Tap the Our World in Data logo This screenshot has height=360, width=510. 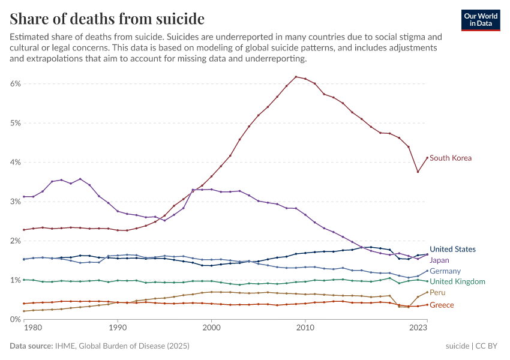click(x=481, y=20)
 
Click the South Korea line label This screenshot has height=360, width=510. click(x=451, y=158)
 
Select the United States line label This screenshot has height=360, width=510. click(x=452, y=249)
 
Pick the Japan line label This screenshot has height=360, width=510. click(x=439, y=260)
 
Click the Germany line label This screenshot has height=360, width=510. click(x=445, y=271)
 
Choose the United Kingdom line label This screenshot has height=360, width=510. click(x=457, y=282)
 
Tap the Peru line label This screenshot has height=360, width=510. click(x=437, y=293)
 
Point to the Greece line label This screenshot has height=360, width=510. click(x=442, y=305)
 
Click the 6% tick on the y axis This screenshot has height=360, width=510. click(x=16, y=84)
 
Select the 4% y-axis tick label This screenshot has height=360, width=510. click(x=16, y=163)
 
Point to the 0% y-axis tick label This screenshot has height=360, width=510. click(x=16, y=319)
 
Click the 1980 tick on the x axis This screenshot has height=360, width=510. click(x=32, y=328)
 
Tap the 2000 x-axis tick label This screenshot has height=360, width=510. click(x=211, y=328)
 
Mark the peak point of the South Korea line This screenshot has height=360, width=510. click(x=296, y=77)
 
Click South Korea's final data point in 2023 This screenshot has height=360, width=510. click(x=427, y=158)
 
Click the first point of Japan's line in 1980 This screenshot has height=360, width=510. click(x=23, y=197)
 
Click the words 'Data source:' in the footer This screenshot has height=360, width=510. click(x=31, y=346)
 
